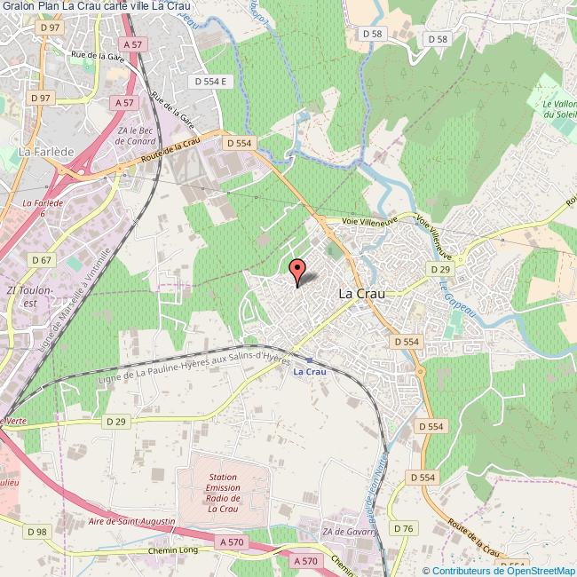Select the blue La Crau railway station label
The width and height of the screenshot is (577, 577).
coord(310,371)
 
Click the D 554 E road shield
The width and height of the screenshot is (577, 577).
coord(212,82)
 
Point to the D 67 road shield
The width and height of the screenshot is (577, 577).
coord(41,260)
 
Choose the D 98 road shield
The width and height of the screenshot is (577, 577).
coord(36,532)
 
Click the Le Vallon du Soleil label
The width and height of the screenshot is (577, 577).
coord(560,109)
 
